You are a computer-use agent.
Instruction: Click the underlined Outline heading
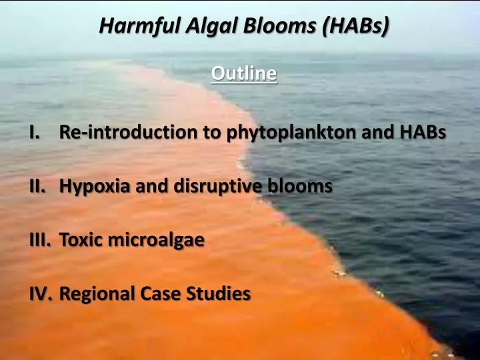click(243, 73)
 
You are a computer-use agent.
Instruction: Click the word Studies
click(221, 293)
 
